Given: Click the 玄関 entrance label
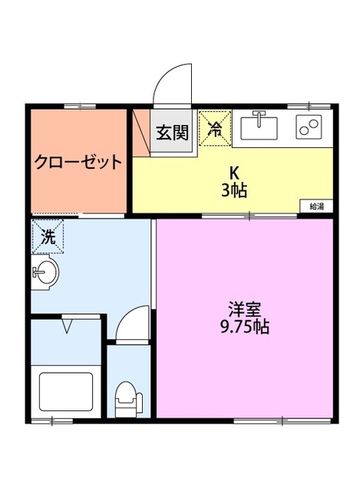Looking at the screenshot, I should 173,133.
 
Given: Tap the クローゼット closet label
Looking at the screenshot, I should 78,162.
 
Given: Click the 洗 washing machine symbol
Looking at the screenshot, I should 48,237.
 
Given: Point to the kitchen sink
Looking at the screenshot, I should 259,124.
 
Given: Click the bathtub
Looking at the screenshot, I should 65,392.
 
